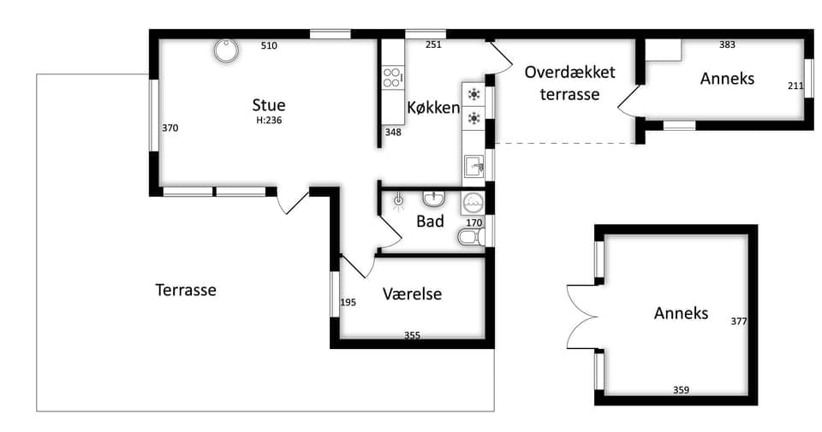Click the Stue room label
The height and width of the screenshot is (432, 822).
(x=268, y=104)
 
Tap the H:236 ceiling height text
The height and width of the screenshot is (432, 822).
(x=269, y=121)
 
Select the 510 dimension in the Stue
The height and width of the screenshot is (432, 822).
(x=269, y=45)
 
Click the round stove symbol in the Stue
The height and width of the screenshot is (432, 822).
(x=226, y=50)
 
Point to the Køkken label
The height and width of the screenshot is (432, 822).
(x=433, y=108)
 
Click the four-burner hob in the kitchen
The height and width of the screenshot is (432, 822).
(x=393, y=76)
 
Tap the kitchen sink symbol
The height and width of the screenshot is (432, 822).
(x=474, y=168)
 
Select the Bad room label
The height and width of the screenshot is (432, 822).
(x=430, y=221)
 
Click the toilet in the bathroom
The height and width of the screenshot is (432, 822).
(x=471, y=237)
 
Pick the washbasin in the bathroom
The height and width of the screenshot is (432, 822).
(x=433, y=198)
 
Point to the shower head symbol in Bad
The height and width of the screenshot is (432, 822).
(x=399, y=200)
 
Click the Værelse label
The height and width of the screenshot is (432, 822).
(x=412, y=293)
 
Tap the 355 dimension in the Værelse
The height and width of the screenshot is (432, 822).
(x=412, y=335)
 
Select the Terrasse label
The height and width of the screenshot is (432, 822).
(x=186, y=290)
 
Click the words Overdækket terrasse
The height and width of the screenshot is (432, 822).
(x=570, y=83)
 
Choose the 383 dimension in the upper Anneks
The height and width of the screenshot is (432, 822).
(x=727, y=45)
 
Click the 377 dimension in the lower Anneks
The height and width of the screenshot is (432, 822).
(x=739, y=322)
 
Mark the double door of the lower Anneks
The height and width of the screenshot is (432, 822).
(x=582, y=317)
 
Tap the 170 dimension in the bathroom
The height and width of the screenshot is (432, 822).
(x=474, y=222)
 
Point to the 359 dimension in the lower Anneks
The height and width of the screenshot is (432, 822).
(x=681, y=390)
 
